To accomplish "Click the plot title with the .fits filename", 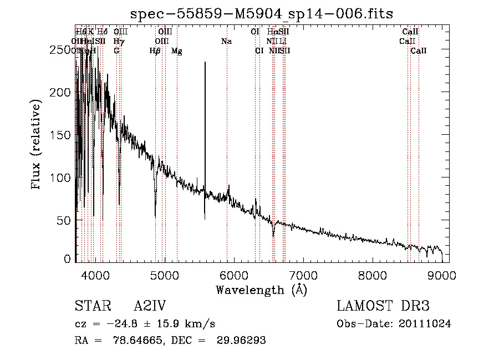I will pyautogui.click(x=262, y=13).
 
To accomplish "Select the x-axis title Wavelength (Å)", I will pyautogui.click(x=261, y=290).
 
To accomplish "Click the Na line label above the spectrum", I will pyautogui.click(x=226, y=41).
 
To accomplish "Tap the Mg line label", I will pyautogui.click(x=177, y=51).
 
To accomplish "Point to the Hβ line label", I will pyautogui.click(x=155, y=51).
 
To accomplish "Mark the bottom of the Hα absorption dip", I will pyautogui.click(x=273, y=235).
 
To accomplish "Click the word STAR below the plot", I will pyautogui.click(x=93, y=307).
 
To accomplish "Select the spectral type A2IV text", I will pyautogui.click(x=150, y=307).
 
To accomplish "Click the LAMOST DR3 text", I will pyautogui.click(x=383, y=307).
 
